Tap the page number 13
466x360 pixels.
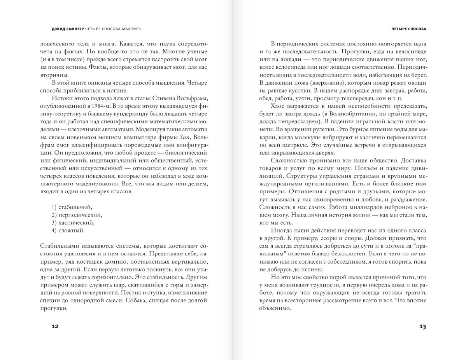422,327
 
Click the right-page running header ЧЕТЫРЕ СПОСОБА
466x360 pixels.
408,29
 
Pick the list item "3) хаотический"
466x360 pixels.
73,223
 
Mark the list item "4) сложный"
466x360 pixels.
68,231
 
